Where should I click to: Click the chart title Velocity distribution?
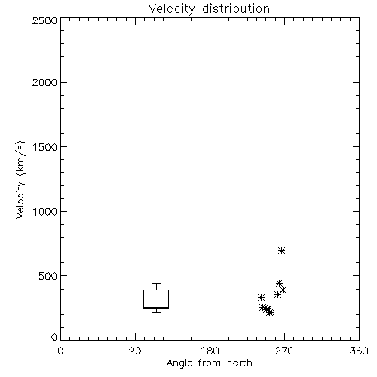(x=209, y=8)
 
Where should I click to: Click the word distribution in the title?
(x=236, y=8)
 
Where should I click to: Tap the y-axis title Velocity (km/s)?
(x=20, y=179)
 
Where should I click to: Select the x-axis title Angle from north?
(x=209, y=363)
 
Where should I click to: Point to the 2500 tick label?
(x=44, y=20)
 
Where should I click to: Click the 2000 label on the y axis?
(x=44, y=82)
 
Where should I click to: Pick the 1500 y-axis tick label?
(x=45, y=147)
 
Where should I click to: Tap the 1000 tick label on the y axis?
(x=45, y=211)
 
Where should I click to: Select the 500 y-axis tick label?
(x=48, y=276)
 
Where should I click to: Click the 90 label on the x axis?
(x=135, y=351)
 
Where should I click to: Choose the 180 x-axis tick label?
(x=210, y=351)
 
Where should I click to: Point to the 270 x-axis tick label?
(x=284, y=351)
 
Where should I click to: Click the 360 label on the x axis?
(x=359, y=351)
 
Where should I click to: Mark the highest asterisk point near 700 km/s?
(x=282, y=250)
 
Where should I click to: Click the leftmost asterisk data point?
(x=261, y=298)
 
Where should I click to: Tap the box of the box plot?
(x=143, y=299)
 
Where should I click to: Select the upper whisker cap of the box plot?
(x=156, y=284)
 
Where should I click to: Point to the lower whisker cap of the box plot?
(x=156, y=312)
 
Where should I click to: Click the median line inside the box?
(x=156, y=307)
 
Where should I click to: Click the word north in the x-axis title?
(x=240, y=363)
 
